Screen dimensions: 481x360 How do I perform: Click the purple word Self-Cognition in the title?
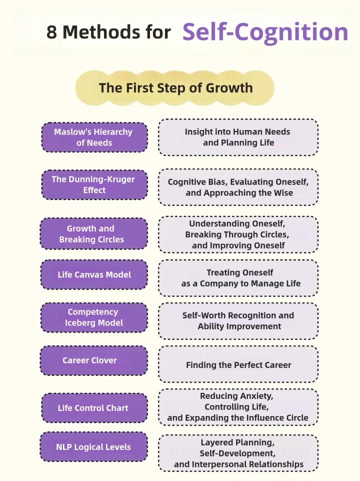(265, 31)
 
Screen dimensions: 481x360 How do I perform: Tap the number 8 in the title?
(52, 32)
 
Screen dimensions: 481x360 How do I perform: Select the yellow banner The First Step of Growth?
(175, 88)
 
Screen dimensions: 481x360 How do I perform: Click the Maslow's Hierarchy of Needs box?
(94, 137)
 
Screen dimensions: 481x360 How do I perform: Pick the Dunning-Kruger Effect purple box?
(94, 184)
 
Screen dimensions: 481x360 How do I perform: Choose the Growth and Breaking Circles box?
(94, 234)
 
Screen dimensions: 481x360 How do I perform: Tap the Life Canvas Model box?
(94, 274)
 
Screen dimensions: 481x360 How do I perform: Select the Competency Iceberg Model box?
(94, 317)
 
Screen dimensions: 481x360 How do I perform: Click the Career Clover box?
(94, 360)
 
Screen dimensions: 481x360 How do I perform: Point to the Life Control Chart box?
(94, 408)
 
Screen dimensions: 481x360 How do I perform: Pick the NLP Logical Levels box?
(94, 447)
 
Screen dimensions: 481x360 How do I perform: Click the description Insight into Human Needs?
(238, 137)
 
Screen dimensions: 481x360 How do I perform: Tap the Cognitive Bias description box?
(238, 187)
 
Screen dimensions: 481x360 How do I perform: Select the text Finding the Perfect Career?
(238, 365)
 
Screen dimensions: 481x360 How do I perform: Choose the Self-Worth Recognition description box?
(238, 321)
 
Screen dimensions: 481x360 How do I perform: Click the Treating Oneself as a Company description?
(238, 278)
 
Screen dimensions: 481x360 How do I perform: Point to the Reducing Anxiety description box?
(238, 407)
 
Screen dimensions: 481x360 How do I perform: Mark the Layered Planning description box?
(238, 453)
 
